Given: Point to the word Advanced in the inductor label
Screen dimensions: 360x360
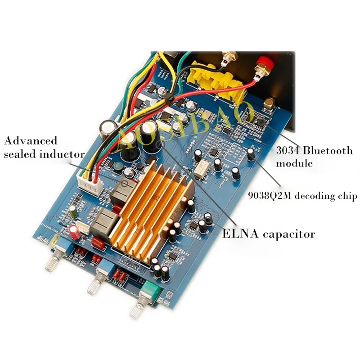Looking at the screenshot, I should (31, 141).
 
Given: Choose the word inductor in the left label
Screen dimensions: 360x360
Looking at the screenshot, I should (63, 154).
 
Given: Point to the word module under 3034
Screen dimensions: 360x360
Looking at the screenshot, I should (294, 163).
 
